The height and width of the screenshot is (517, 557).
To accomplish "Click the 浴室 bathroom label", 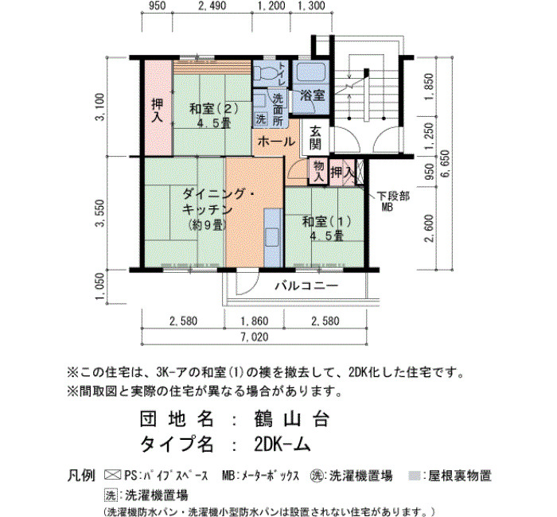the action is (x=313, y=95).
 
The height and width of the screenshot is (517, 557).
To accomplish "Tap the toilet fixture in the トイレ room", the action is (x=266, y=72).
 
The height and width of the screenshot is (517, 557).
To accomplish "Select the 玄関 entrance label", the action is (x=315, y=138).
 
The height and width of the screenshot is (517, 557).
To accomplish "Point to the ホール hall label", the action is (x=276, y=142).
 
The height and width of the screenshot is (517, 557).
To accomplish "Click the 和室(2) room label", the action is (x=214, y=108).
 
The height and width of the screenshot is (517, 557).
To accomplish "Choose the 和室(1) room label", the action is (x=327, y=222).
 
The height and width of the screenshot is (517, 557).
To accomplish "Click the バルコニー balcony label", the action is (x=307, y=286).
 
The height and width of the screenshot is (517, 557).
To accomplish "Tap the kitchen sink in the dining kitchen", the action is (x=273, y=237).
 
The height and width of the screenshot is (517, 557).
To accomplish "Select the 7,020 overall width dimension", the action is (x=255, y=337).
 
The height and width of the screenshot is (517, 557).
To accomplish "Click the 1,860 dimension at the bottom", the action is (x=255, y=321).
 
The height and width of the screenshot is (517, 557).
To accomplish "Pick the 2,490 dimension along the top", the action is (x=212, y=6).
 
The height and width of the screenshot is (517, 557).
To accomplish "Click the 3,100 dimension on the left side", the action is (x=101, y=107).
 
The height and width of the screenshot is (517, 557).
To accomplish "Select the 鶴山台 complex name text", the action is (x=291, y=419).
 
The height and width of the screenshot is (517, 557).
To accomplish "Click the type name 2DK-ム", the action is (x=282, y=444).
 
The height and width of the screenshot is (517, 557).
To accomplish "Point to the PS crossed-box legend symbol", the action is (x=112, y=475).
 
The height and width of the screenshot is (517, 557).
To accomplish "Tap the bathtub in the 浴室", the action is (x=311, y=72).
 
